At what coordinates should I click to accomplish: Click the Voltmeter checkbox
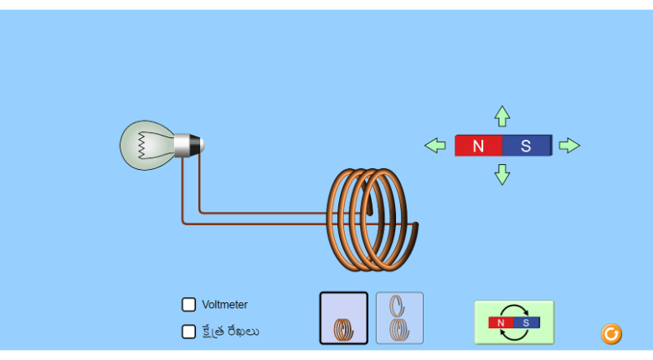point(189,305)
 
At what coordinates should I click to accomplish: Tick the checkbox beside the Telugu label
point(189,332)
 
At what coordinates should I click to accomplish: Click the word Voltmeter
point(224,305)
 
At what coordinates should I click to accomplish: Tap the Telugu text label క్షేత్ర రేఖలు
point(230,332)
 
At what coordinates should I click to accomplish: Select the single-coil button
point(343,318)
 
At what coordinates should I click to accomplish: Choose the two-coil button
point(399,318)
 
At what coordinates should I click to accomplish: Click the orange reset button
point(611,334)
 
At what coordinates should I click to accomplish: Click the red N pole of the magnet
point(478,146)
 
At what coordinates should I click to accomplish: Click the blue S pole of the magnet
point(527,146)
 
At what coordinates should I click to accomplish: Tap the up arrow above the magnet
point(502,116)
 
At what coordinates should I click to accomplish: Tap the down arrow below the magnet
point(502,174)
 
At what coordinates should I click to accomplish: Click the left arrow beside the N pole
point(435,146)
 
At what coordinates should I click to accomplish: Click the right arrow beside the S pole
point(569,146)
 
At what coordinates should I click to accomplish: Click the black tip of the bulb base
point(197,145)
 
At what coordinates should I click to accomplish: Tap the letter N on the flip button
point(501,322)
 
